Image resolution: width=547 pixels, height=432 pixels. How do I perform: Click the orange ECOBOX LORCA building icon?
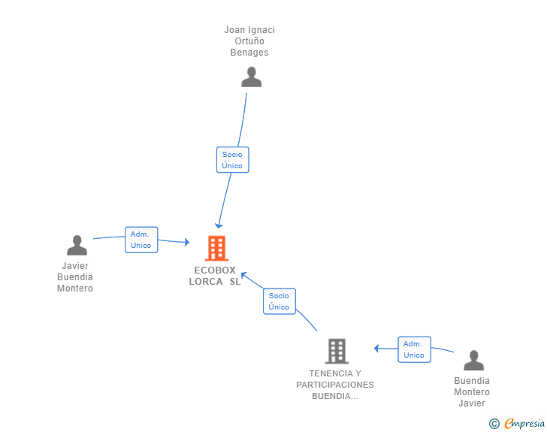[216, 248]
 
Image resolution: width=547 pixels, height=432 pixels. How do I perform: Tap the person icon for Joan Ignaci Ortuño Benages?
[251, 77]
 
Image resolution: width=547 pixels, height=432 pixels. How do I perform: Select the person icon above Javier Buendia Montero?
[77, 245]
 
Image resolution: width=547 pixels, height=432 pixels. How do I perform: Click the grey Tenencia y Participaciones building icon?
[337, 351]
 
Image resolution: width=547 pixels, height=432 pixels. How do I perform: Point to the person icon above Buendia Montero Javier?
[473, 360]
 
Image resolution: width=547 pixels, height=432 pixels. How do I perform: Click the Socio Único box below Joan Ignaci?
[233, 160]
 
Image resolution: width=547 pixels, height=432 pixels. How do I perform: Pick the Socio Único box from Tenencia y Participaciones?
[280, 301]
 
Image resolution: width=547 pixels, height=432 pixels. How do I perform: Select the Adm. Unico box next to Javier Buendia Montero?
[141, 240]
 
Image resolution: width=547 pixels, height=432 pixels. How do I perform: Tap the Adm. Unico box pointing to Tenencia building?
[415, 349]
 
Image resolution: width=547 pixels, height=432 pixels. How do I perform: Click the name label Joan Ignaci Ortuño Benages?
[249, 41]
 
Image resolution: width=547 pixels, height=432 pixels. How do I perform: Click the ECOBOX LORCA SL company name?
[215, 276]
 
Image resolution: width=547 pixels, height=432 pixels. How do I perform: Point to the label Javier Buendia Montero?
[75, 277]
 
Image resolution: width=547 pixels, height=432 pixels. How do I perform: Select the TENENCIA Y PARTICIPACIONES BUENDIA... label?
[335, 385]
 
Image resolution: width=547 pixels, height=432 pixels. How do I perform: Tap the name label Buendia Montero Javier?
[472, 392]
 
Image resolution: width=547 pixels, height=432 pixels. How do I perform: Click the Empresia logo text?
[524, 424]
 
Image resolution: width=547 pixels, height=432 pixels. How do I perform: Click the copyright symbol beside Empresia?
[494, 424]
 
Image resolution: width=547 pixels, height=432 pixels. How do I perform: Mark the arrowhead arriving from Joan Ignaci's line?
[219, 226]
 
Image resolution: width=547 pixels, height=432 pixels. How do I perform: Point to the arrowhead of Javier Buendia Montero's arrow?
[187, 242]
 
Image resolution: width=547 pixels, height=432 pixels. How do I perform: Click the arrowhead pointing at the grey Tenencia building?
[376, 348]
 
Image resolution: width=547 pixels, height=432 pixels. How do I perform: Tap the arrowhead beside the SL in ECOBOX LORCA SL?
[244, 276]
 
